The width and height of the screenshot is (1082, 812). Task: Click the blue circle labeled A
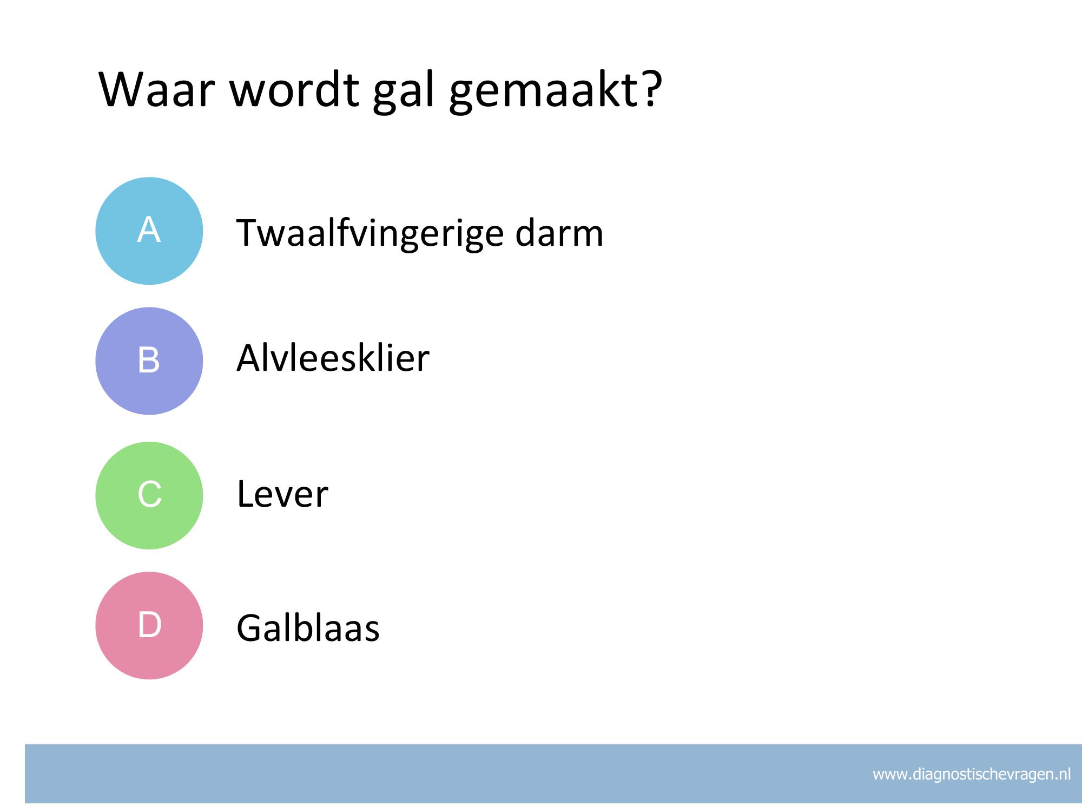click(149, 231)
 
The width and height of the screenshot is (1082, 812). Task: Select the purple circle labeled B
click(149, 361)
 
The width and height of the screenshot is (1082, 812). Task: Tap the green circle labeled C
click(149, 495)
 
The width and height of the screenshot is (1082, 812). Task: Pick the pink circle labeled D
click(149, 625)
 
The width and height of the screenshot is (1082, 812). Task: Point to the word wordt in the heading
click(294, 89)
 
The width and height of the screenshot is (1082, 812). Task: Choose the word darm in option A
click(559, 233)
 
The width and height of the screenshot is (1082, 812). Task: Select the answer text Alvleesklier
click(333, 358)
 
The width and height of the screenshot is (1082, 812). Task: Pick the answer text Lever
click(282, 494)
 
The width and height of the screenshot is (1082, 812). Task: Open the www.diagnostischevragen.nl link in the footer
click(972, 775)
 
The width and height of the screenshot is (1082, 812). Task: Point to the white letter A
click(149, 230)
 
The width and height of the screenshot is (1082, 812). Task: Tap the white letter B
click(149, 359)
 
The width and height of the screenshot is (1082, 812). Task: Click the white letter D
click(150, 625)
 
